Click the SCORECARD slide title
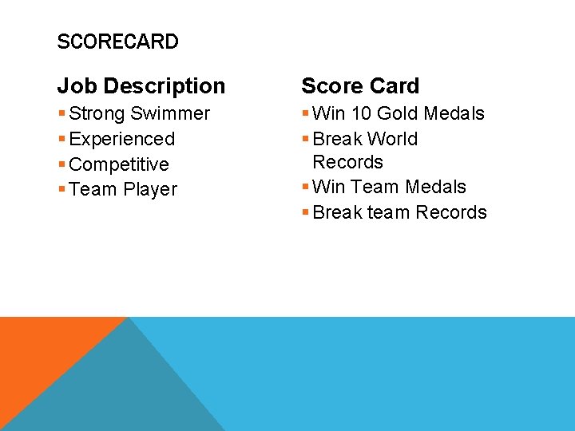(117, 42)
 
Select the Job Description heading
(141, 85)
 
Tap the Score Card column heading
(360, 85)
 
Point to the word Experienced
(122, 139)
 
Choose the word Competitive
(119, 164)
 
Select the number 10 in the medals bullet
(359, 113)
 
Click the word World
(392, 139)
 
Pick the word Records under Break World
(348, 162)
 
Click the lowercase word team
(388, 212)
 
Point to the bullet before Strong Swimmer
(61, 114)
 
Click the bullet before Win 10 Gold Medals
(305, 114)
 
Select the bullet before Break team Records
(305, 213)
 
